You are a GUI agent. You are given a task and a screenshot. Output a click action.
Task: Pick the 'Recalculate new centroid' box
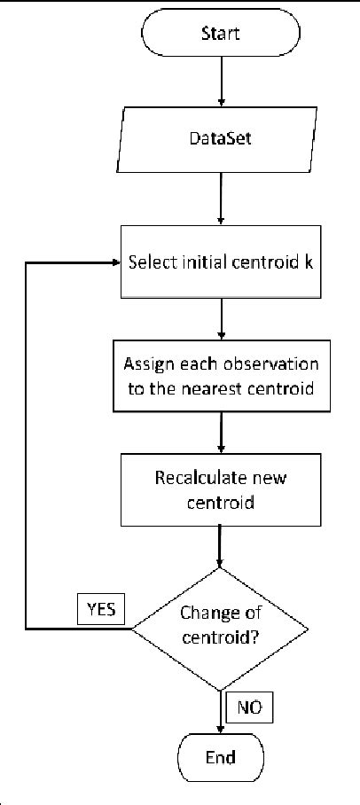coord(219,488)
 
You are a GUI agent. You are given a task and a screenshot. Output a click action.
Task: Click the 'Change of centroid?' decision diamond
coord(219,628)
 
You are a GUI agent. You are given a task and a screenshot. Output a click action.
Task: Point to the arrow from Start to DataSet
coord(219,84)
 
